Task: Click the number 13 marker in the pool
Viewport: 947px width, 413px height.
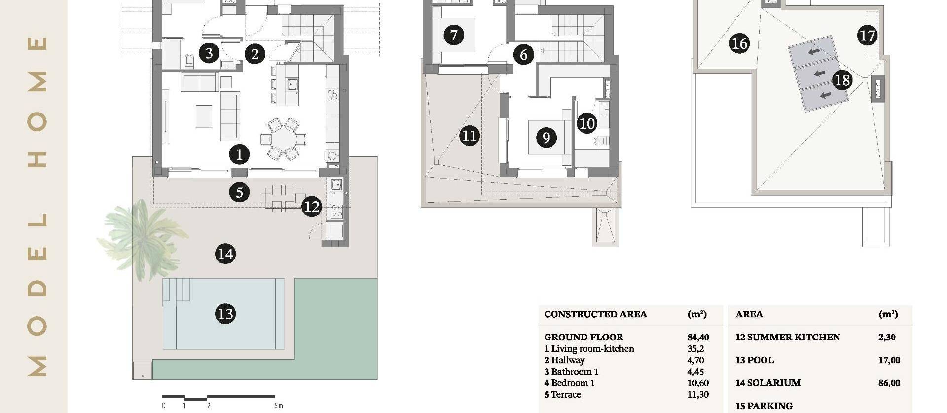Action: click(225, 314)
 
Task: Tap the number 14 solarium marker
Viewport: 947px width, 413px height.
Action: click(225, 254)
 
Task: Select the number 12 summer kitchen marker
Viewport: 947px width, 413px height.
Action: click(311, 206)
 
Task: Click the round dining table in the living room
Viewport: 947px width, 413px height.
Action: click(283, 139)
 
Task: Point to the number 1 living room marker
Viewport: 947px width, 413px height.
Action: click(239, 154)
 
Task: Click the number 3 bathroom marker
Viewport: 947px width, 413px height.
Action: click(209, 53)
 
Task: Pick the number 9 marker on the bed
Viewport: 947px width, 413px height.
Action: click(546, 137)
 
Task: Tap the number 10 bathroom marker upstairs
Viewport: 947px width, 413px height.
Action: click(586, 123)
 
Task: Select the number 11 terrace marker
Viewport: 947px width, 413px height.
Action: click(469, 135)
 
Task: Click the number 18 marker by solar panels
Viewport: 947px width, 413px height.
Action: click(842, 79)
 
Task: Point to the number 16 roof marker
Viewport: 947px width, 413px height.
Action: click(739, 43)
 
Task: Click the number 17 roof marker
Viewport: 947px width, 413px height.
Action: click(867, 36)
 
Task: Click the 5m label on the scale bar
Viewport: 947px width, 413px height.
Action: click(279, 406)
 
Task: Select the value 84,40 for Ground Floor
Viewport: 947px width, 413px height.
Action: click(698, 338)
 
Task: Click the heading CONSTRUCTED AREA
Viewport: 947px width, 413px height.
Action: click(595, 314)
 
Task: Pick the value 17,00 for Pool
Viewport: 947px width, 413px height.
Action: click(889, 360)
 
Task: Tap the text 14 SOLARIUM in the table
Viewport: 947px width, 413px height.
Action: click(767, 383)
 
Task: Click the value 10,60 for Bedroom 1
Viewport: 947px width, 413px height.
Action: click(697, 383)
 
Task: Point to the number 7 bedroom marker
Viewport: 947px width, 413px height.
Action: click(454, 35)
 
